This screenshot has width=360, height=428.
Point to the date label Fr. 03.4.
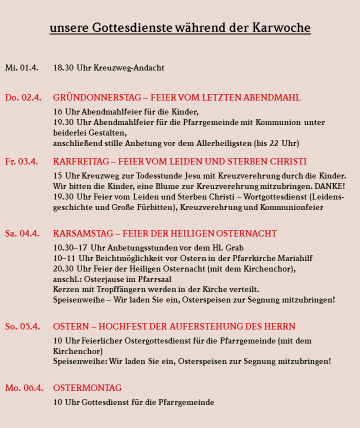tap(21, 162)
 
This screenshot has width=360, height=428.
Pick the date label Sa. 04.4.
tap(22, 233)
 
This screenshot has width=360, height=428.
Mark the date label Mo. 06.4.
tap(23, 388)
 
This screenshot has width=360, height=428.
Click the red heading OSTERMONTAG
tap(87, 388)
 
